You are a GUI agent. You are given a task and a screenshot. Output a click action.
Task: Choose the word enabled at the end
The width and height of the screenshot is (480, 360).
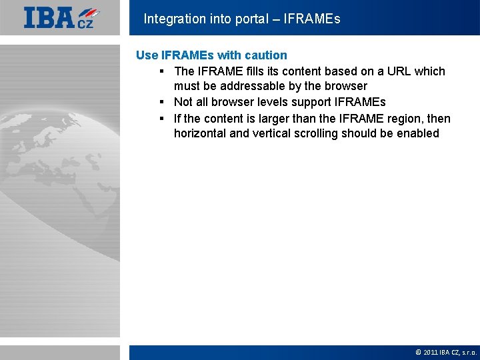point(417,133)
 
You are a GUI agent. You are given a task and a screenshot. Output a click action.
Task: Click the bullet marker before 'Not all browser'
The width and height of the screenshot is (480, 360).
point(162,103)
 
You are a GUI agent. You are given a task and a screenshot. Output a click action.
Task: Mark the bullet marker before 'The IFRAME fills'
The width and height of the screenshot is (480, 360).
point(162,71)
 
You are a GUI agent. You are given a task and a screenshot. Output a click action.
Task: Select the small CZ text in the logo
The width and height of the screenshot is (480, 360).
point(85,24)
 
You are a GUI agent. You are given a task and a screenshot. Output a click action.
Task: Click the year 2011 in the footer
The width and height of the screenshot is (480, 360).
point(431,352)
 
